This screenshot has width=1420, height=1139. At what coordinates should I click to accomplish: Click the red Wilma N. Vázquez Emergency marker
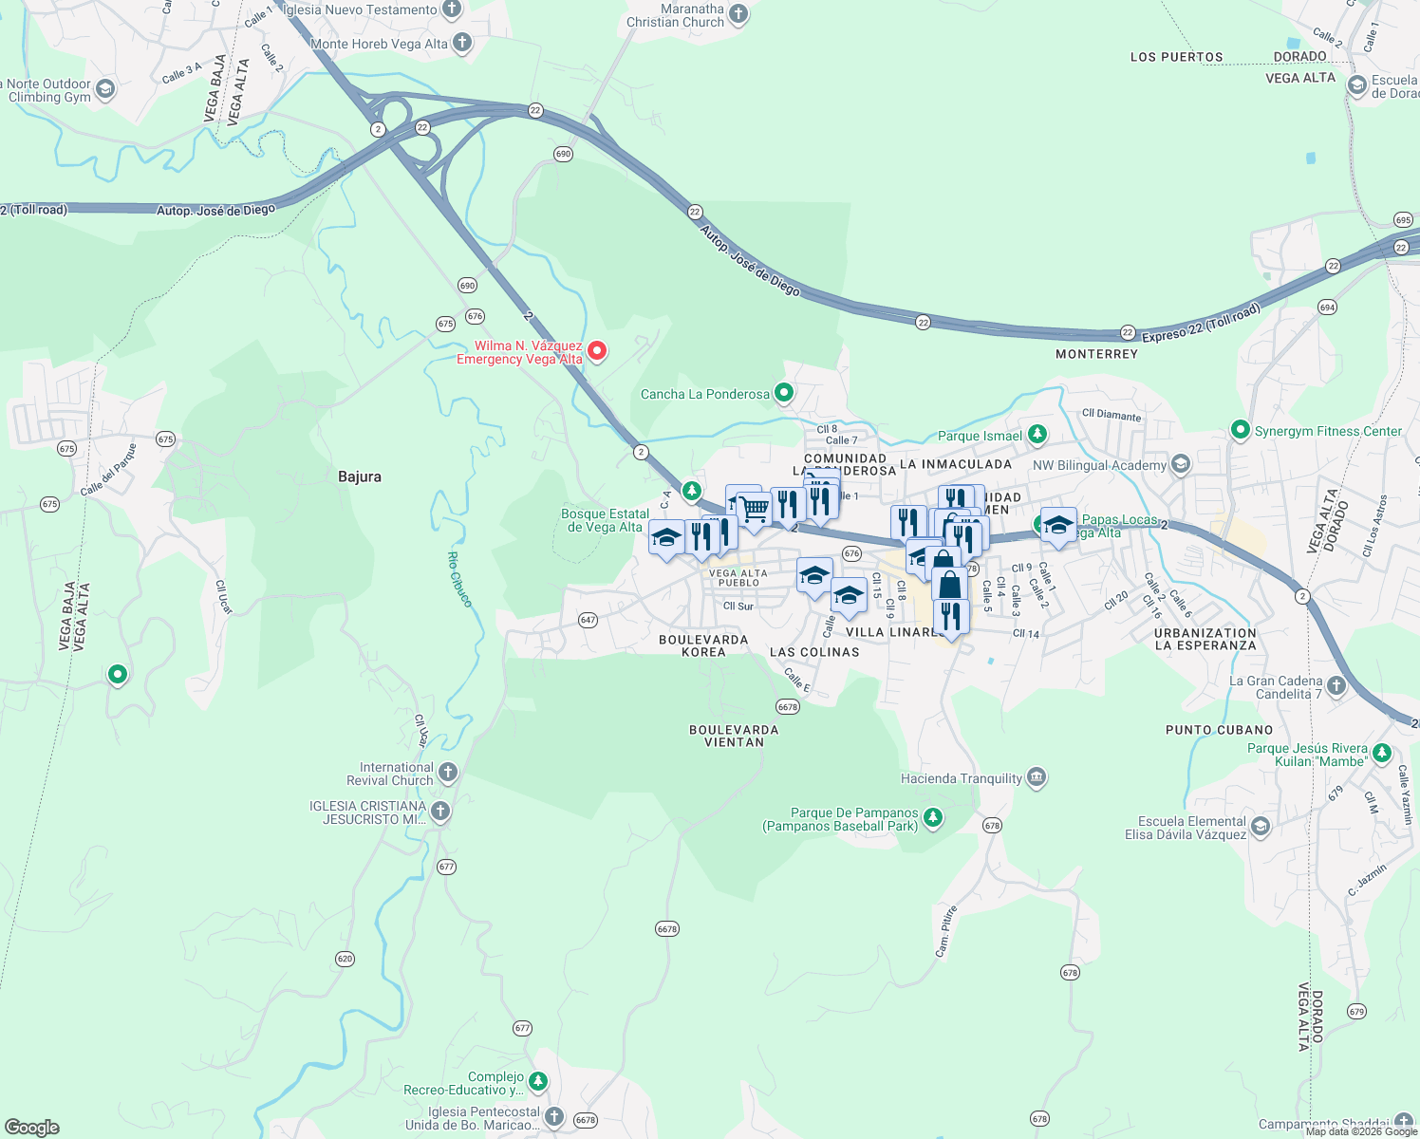click(597, 351)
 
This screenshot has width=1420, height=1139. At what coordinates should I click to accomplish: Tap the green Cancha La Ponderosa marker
click(784, 392)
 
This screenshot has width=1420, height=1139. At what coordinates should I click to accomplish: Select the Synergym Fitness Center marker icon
click(1240, 430)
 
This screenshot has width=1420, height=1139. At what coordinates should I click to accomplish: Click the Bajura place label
click(360, 476)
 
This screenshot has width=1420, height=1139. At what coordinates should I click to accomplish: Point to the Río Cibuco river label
click(459, 579)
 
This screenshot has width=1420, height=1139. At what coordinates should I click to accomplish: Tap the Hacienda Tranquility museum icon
click(1037, 778)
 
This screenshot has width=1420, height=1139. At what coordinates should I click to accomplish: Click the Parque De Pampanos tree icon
click(933, 818)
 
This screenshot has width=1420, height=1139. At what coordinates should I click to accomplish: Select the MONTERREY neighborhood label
click(1096, 354)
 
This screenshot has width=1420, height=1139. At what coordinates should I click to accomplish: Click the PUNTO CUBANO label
click(1219, 730)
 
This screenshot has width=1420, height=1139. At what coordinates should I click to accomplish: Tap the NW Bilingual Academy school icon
click(1181, 464)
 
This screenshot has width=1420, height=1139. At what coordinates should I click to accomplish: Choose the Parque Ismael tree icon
click(1037, 435)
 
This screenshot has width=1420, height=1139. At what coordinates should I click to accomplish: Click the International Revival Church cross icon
click(448, 773)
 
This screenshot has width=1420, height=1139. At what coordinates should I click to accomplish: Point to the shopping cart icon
click(755, 509)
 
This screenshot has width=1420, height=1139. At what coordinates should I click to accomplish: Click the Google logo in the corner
click(32, 1127)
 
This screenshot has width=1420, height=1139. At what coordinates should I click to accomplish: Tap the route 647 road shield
click(588, 620)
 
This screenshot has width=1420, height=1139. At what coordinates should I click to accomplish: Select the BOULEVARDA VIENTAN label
click(734, 736)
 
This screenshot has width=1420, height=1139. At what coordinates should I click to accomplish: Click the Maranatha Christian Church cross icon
click(738, 14)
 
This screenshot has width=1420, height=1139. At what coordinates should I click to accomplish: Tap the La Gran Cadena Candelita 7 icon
click(1336, 686)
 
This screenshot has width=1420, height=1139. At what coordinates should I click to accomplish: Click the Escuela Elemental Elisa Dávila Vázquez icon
click(1261, 827)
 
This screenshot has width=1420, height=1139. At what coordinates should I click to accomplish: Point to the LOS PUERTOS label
click(1176, 57)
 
